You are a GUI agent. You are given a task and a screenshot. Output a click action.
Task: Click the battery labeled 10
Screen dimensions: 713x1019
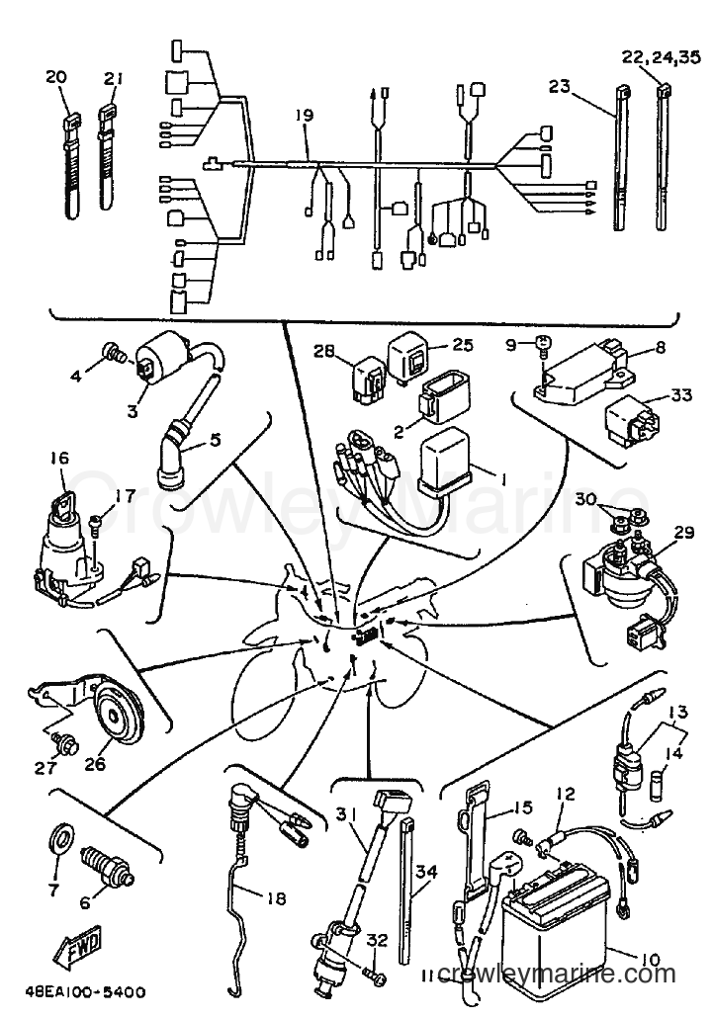556,916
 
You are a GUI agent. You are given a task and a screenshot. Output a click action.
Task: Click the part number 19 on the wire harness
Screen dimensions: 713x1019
304,116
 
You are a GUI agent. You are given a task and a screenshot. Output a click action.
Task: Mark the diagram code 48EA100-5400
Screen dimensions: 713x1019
86,992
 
